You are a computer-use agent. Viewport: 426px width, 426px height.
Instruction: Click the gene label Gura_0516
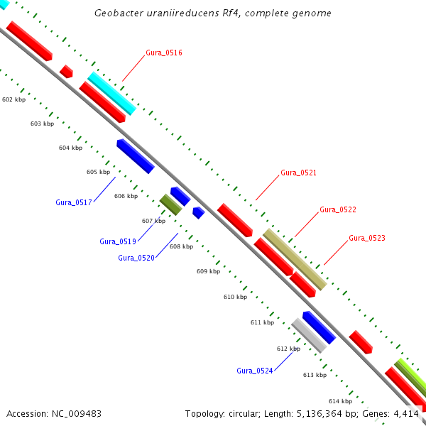pyautogui.click(x=164, y=53)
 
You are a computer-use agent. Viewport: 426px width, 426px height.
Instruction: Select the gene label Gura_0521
pyautogui.click(x=298, y=173)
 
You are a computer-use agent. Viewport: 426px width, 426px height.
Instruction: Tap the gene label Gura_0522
pyautogui.click(x=337, y=209)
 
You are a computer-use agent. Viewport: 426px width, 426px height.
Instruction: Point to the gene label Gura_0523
pyautogui.click(x=366, y=238)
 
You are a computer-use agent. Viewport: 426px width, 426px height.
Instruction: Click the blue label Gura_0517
pyautogui.click(x=74, y=202)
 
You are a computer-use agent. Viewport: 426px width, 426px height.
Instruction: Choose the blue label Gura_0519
pyautogui.click(x=117, y=241)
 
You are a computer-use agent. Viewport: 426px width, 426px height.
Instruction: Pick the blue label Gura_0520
pyautogui.click(x=136, y=258)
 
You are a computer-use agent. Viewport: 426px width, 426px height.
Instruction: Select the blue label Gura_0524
pyautogui.click(x=254, y=371)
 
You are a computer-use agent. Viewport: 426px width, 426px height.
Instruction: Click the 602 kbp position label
pyautogui.click(x=13, y=99)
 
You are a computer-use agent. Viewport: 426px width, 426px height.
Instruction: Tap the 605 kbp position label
pyautogui.click(x=98, y=172)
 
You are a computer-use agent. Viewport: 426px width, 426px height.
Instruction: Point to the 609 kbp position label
pyautogui.click(x=208, y=271)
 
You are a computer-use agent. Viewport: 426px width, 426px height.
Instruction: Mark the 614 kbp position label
pyautogui.click(x=340, y=401)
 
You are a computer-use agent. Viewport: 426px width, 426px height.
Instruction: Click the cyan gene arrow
pyautogui.click(x=111, y=93)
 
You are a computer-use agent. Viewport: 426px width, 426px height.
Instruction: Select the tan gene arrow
pyautogui.click(x=295, y=259)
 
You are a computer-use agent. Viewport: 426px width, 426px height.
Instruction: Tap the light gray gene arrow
pyautogui.click(x=309, y=335)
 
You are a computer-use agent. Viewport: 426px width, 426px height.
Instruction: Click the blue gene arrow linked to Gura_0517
pyautogui.click(x=136, y=156)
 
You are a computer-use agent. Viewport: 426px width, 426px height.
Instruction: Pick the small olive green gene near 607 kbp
pyautogui.click(x=170, y=204)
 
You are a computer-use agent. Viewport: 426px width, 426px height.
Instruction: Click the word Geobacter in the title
pyautogui.click(x=118, y=13)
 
